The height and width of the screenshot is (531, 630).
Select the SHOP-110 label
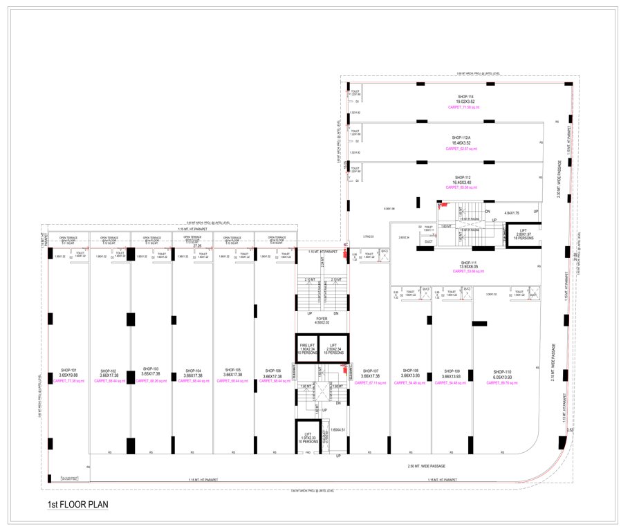(502, 371)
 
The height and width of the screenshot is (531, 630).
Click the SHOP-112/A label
(461, 138)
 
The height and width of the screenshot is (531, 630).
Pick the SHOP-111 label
(469, 263)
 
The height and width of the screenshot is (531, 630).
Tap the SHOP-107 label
(371, 371)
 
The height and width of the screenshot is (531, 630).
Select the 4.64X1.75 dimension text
(512, 212)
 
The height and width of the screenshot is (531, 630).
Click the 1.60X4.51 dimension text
(338, 431)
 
